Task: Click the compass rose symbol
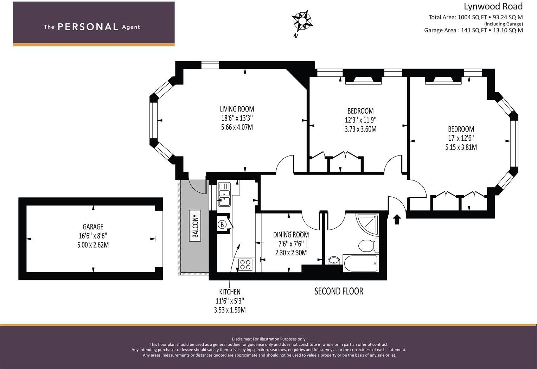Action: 302,21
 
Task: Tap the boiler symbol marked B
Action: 222,225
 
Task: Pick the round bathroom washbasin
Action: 334,260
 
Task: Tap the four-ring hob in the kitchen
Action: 245,265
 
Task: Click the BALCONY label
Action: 196,226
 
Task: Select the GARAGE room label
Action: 93,227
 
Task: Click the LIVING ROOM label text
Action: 237,109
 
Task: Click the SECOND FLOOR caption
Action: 339,291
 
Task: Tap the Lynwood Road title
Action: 493,6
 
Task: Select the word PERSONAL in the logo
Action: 88,27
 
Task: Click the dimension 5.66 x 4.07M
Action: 237,127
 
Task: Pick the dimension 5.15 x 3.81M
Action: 461,147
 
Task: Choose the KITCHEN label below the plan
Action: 230,292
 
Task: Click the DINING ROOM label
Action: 291,235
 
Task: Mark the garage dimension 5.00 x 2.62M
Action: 93,245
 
